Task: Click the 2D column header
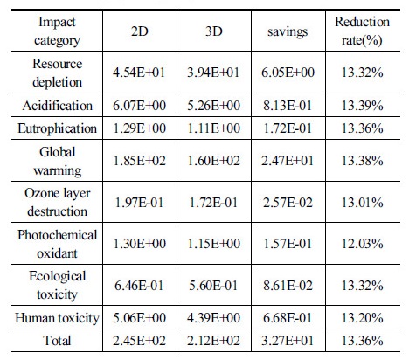140,31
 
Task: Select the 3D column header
214,31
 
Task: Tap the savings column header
288,31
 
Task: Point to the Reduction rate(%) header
362,31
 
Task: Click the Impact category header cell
57,31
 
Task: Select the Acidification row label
58,106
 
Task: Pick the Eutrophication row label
57,128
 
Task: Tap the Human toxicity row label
57,318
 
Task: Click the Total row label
57,341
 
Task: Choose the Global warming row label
57,161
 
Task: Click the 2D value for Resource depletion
139,73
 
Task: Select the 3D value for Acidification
213,106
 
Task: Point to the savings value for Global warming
288,161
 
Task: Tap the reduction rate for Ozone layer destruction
362,203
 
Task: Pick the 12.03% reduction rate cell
362,244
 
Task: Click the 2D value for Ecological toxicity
139,286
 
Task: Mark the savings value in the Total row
288,341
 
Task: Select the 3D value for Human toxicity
213,318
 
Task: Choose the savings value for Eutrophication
288,128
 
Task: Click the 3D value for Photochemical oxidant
213,244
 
